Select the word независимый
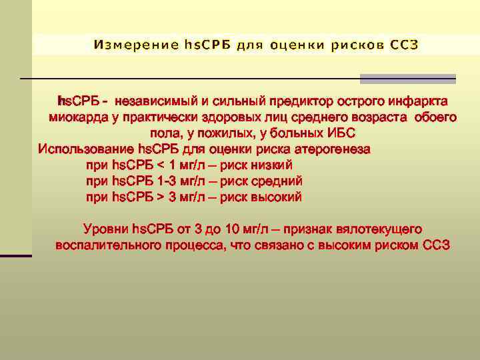point(157,102)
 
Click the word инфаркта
point(415,102)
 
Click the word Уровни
point(106,229)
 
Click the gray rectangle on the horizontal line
point(408,79)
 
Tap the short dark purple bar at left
point(16,255)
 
